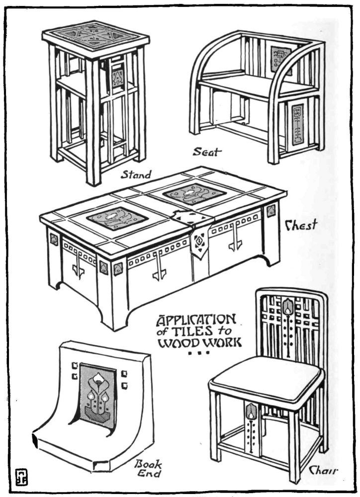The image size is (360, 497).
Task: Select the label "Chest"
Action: pyautogui.click(x=300, y=226)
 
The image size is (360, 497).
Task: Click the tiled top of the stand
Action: pyautogui.click(x=96, y=35)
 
